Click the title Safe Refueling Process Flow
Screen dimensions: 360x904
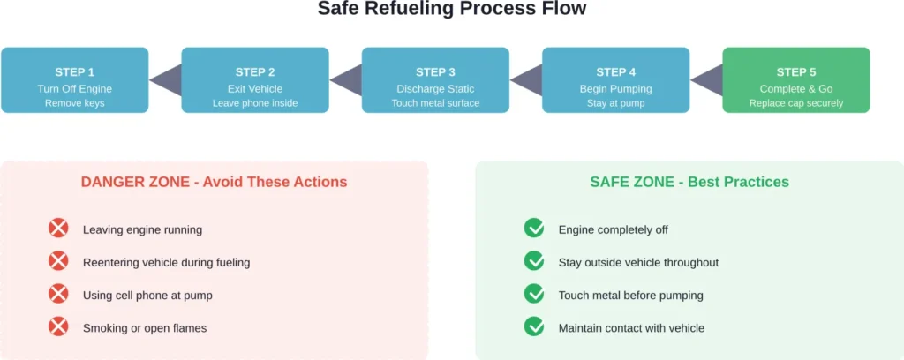pyautogui.click(x=451, y=10)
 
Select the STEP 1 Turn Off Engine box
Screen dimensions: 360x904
pyautogui.click(x=74, y=80)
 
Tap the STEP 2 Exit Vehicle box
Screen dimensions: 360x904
pyautogui.click(x=255, y=80)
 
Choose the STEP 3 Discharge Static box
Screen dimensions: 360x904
pyautogui.click(x=435, y=80)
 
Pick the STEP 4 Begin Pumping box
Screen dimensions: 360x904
pyautogui.click(x=615, y=80)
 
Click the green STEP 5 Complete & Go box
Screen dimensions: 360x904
pyautogui.click(x=795, y=80)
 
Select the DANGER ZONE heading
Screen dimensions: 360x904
pyautogui.click(x=214, y=182)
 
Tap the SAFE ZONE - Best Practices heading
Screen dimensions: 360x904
pyautogui.click(x=689, y=182)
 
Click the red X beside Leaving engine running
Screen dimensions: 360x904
pyautogui.click(x=58, y=229)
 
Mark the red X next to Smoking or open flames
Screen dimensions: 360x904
pyautogui.click(x=58, y=327)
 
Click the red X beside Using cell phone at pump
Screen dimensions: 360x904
pyautogui.click(x=58, y=295)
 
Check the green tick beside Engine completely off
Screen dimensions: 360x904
pyautogui.click(x=534, y=229)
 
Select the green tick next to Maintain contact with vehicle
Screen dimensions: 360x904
pyautogui.click(x=534, y=327)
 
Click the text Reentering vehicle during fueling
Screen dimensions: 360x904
pyautogui.click(x=166, y=262)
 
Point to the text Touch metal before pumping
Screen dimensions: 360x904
pyautogui.click(x=630, y=295)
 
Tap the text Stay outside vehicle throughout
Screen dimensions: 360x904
pyautogui.click(x=638, y=262)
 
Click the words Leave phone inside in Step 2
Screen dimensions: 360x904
pyautogui.click(x=255, y=103)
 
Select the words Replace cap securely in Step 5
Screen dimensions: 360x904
pyautogui.click(x=795, y=103)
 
